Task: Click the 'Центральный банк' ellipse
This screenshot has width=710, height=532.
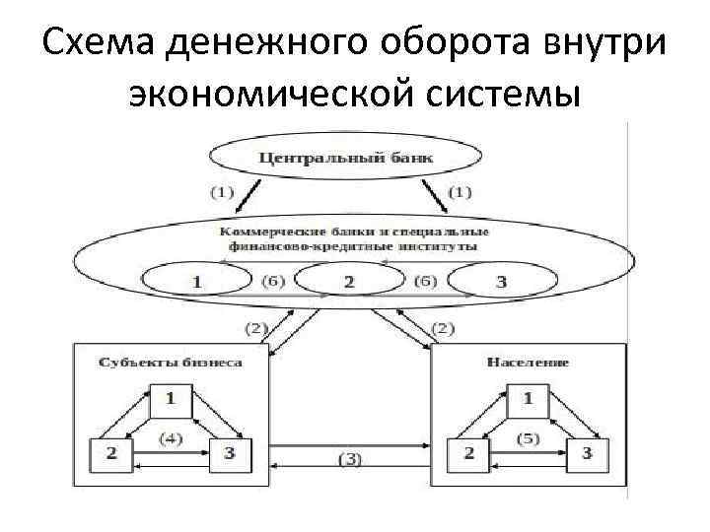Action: [x=345, y=156]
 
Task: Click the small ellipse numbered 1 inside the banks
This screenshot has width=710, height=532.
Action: [x=198, y=281]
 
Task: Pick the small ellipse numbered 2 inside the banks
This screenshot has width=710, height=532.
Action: [x=347, y=281]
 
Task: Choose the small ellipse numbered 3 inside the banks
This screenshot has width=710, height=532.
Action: [x=500, y=281]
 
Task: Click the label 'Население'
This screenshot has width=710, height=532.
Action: [x=528, y=362]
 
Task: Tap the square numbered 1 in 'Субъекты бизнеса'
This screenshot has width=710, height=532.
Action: [x=170, y=399]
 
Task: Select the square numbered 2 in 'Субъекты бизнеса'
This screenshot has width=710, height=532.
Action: [x=110, y=452]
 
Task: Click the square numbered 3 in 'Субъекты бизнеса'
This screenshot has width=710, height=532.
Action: [x=230, y=452]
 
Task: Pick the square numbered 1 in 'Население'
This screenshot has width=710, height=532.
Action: [x=528, y=399]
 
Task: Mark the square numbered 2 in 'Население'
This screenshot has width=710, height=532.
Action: [x=468, y=452]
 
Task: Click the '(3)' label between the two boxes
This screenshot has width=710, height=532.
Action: [x=349, y=458]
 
